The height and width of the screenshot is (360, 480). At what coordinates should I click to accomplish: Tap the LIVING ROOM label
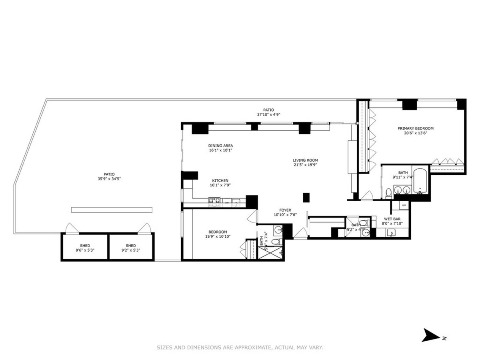click(305, 160)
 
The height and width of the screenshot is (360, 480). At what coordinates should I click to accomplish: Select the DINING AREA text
click(220, 146)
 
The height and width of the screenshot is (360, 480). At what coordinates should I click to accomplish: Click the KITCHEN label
click(220, 180)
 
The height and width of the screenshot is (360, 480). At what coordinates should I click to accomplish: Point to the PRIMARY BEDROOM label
click(415, 128)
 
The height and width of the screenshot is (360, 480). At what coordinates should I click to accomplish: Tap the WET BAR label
click(393, 219)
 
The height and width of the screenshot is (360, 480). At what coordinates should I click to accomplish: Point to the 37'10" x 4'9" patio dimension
click(268, 114)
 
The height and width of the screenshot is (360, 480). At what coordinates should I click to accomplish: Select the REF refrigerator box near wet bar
click(404, 205)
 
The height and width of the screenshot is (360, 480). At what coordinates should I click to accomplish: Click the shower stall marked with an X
click(271, 252)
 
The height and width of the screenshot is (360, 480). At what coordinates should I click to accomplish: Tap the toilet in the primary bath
click(388, 194)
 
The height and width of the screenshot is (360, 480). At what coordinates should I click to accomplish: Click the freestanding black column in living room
click(306, 197)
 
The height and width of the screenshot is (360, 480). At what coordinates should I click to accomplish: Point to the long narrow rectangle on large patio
click(112, 210)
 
